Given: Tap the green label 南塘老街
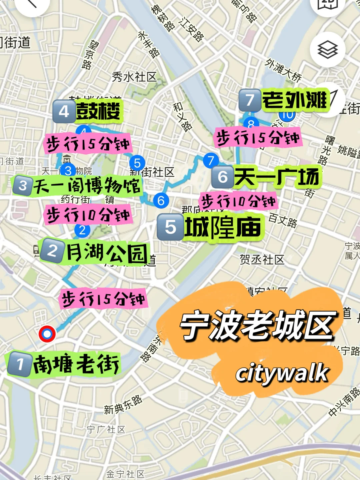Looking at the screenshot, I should [76, 364].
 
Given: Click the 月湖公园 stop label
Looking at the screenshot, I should [107, 253].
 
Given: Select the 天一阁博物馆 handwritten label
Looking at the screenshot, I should [87, 185].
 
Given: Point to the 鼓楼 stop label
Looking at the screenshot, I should [98, 111].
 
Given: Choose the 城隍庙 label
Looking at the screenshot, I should [223, 228].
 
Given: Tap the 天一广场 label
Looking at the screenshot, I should [277, 176].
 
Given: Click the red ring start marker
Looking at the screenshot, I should [47, 334].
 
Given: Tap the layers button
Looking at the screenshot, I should [327, 50].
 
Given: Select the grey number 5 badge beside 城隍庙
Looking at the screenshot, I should [170, 227].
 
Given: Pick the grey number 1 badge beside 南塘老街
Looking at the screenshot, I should [20, 364].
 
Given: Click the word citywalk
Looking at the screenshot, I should [282, 373].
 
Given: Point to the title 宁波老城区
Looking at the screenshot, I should [257, 325].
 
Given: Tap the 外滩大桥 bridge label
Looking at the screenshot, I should [283, 70].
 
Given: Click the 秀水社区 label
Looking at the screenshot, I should [134, 77].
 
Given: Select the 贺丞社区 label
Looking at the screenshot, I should [262, 259].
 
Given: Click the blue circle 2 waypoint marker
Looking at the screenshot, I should [82, 230].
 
